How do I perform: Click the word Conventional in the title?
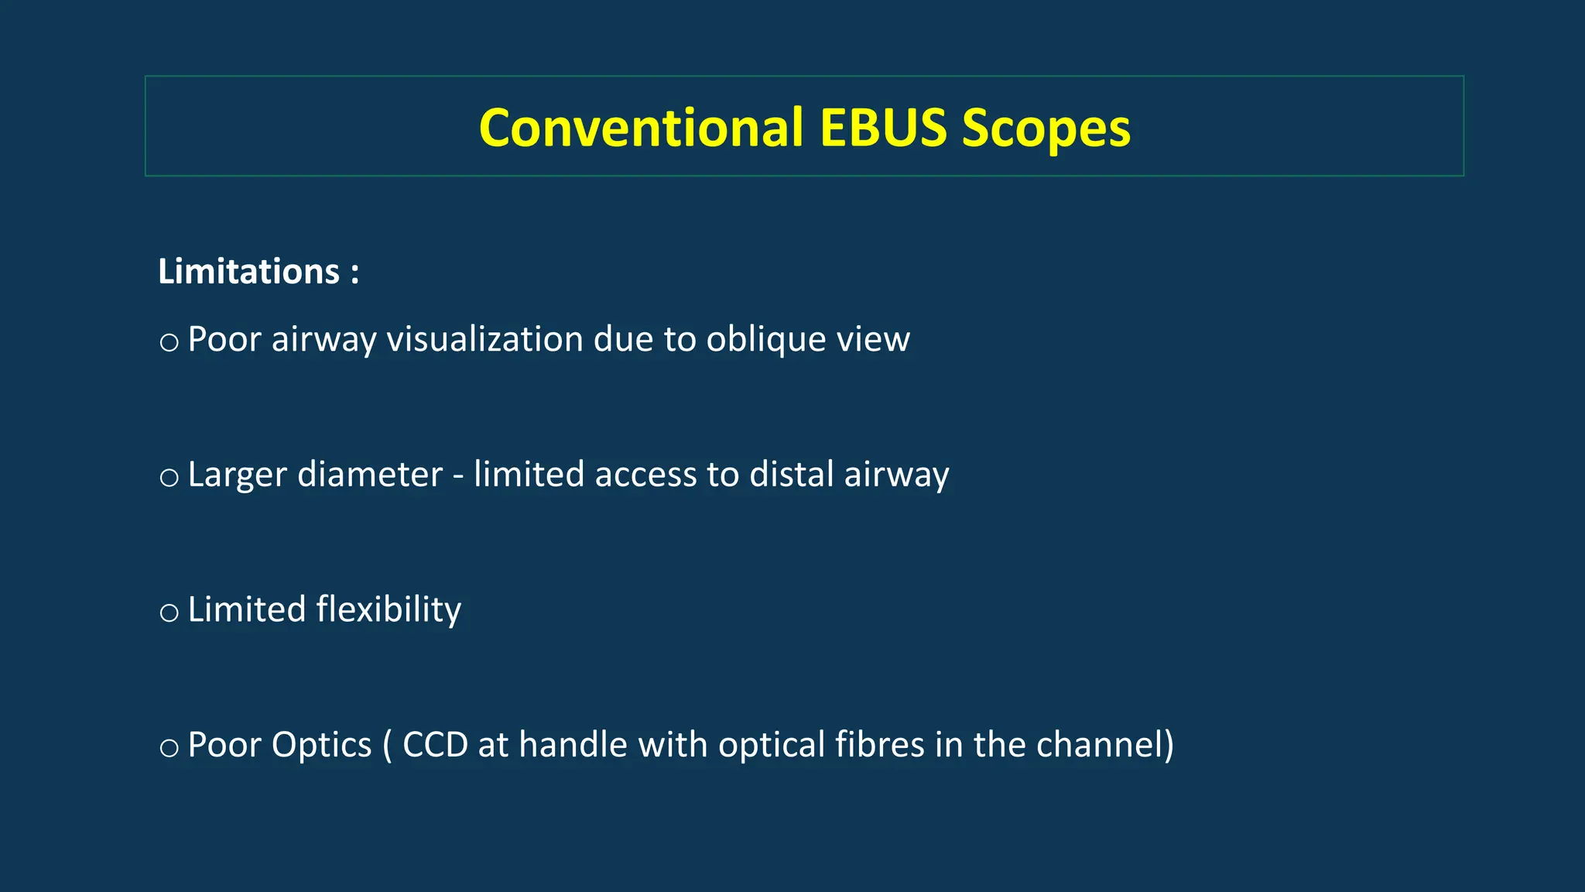[x=641, y=128]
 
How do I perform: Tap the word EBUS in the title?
[x=883, y=128]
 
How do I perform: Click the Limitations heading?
[x=248, y=272]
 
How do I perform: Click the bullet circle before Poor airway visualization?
[x=169, y=342]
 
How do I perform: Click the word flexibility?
[x=389, y=610]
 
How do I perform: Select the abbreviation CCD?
[x=435, y=746]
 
